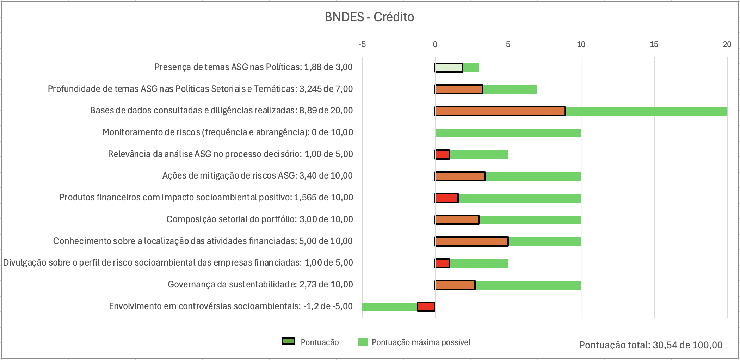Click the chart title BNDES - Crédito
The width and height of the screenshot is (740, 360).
(x=369, y=17)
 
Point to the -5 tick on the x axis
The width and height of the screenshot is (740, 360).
(x=362, y=44)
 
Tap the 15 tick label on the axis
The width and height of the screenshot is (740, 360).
(x=654, y=44)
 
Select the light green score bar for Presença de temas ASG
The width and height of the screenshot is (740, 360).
(x=449, y=68)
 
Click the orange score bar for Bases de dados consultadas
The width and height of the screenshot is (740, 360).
(x=500, y=111)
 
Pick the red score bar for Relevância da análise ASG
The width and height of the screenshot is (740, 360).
(x=443, y=154)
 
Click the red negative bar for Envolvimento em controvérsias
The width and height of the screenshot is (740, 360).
(x=426, y=307)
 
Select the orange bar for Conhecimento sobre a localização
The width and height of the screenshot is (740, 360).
(x=471, y=241)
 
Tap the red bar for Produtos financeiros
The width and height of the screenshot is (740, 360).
(x=447, y=198)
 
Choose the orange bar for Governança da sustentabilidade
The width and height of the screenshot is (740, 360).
(x=455, y=285)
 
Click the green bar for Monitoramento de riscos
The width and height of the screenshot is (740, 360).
(x=508, y=133)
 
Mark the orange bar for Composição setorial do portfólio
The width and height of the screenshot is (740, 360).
(x=457, y=220)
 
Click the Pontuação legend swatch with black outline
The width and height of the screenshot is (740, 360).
(x=288, y=341)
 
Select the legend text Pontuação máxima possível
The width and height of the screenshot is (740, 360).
(x=421, y=342)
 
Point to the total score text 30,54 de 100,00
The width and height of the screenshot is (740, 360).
(x=651, y=345)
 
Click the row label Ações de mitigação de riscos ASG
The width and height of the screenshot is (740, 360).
(x=257, y=176)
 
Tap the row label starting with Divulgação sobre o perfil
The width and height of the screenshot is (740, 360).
(x=178, y=263)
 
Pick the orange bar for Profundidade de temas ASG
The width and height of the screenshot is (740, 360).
(x=459, y=89)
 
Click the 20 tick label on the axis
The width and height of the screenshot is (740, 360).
(x=727, y=44)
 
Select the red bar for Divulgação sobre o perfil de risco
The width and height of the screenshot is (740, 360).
(x=443, y=263)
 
